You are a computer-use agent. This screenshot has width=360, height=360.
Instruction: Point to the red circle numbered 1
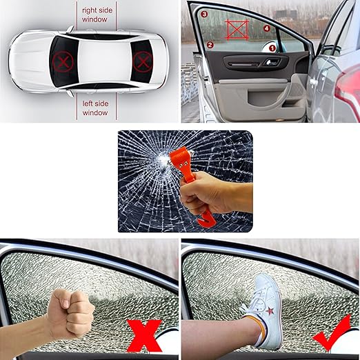point(272,48)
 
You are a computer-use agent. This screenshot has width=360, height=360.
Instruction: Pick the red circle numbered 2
point(210,44)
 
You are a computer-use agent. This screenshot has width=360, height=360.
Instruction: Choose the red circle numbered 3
point(205,13)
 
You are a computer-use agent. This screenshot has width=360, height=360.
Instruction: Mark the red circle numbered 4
point(267,28)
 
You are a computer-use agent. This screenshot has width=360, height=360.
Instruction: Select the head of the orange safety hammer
point(175,159)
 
